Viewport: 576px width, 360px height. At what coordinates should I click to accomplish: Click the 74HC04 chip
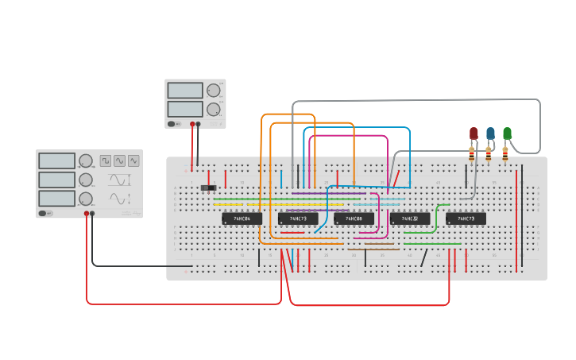tap(242, 219)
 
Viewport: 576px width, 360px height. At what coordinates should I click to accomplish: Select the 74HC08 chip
tap(354, 219)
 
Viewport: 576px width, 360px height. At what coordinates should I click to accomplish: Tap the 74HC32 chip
tap(410, 219)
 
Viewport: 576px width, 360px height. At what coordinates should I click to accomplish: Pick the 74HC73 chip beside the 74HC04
tap(298, 219)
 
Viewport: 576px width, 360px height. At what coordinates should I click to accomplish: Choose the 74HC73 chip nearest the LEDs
tap(466, 219)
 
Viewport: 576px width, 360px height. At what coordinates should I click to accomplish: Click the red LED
tap(474, 134)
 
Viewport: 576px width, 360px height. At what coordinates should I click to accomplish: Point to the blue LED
tap(490, 134)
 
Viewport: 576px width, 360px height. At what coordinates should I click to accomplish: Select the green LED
tap(507, 134)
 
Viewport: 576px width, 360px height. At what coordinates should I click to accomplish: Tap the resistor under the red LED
tap(472, 153)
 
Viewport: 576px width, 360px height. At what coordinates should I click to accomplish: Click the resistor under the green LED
tap(505, 153)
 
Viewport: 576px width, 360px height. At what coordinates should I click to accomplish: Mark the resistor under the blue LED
tap(489, 153)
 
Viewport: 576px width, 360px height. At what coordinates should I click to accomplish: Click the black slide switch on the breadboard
tap(209, 188)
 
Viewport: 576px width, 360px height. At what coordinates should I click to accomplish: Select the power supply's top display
tap(185, 91)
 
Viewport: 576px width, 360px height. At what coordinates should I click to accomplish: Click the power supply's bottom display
tap(185, 109)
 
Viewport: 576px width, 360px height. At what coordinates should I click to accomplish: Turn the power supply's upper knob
tap(214, 91)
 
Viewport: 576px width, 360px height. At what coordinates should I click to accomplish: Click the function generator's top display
tap(56, 161)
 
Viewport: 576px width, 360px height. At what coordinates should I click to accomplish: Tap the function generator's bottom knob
tap(85, 198)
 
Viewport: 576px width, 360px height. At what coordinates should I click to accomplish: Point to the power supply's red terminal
tap(191, 124)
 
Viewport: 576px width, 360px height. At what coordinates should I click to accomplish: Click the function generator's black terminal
tap(93, 214)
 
